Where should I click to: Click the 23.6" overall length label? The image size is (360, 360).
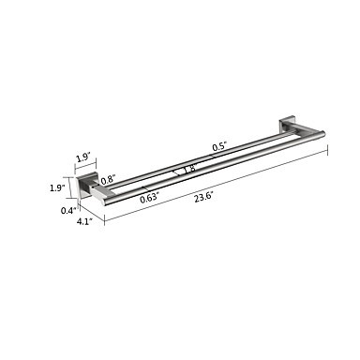point(203,197)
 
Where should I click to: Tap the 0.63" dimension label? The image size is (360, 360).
point(149,199)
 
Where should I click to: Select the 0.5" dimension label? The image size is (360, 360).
point(219,147)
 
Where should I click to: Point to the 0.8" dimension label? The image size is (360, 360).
point(109,180)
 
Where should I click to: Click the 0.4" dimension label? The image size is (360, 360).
point(68,211)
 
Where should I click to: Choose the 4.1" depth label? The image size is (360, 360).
point(84,221)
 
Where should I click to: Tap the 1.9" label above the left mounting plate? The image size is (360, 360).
point(83,158)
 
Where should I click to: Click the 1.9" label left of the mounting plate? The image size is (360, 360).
point(57,187)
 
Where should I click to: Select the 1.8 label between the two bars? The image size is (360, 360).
point(190,169)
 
